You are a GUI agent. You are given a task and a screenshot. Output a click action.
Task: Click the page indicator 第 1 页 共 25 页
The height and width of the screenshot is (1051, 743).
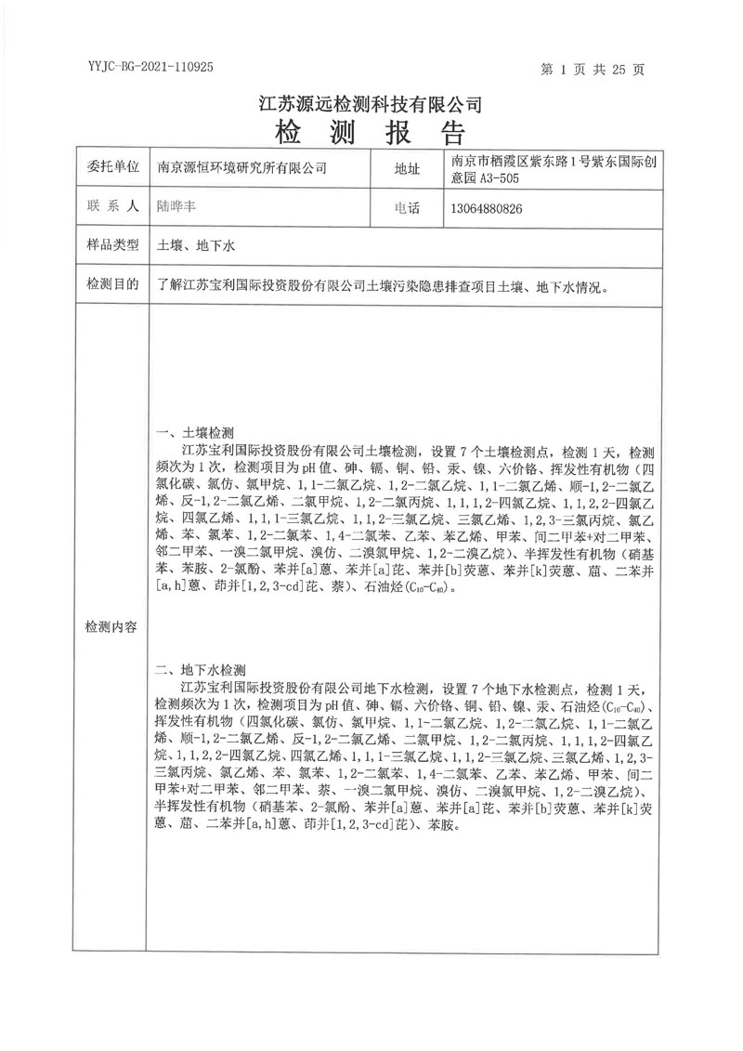pos(598,69)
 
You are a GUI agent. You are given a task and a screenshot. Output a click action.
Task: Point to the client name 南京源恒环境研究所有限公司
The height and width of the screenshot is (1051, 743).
pos(242,168)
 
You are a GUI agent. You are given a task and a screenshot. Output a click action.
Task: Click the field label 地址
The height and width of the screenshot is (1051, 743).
pos(408,168)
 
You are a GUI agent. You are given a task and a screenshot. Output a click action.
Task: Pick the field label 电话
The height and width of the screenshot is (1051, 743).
pos(408,208)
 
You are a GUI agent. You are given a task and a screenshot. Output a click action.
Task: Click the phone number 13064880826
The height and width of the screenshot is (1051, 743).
pos(486,208)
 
